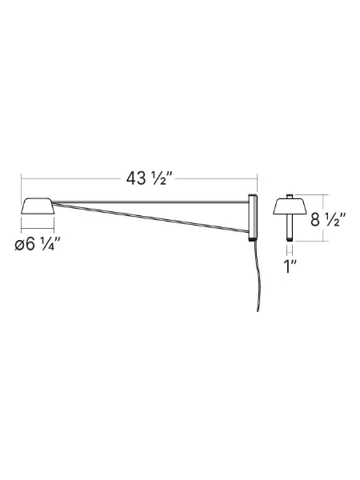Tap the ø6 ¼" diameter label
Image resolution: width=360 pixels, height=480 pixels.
(x=37, y=245)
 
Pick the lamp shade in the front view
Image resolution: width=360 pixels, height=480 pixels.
(x=290, y=207)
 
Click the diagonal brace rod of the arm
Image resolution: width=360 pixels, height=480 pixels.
(x=152, y=217)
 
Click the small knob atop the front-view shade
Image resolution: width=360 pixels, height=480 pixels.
(x=290, y=195)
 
